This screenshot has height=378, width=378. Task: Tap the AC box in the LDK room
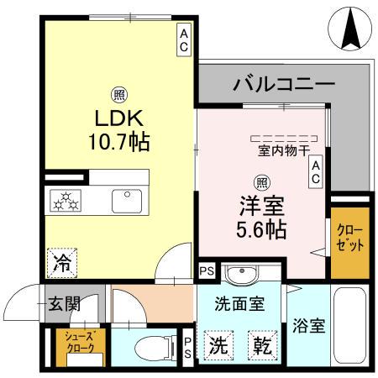click(x=183, y=39)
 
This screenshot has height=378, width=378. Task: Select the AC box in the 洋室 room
click(x=317, y=173)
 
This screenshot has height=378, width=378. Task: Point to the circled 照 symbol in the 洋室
click(x=261, y=181)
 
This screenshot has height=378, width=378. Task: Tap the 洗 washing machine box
click(x=219, y=344)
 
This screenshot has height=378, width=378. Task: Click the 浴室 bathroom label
click(x=309, y=328)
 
